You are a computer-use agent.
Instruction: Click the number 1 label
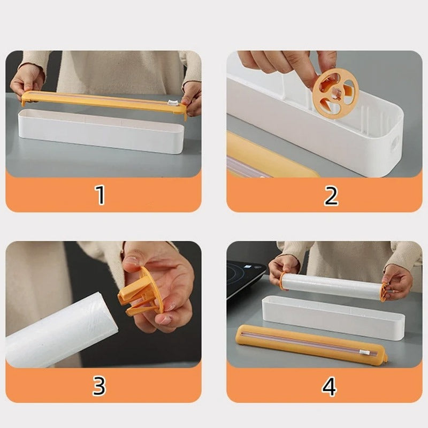[x=100, y=195]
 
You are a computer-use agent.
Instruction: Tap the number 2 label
[x=331, y=195]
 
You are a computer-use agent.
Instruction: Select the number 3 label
[x=100, y=386]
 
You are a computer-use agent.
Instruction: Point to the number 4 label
[x=329, y=386]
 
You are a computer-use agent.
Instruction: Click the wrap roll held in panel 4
[x=332, y=287]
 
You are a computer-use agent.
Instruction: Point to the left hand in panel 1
[x=27, y=80]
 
